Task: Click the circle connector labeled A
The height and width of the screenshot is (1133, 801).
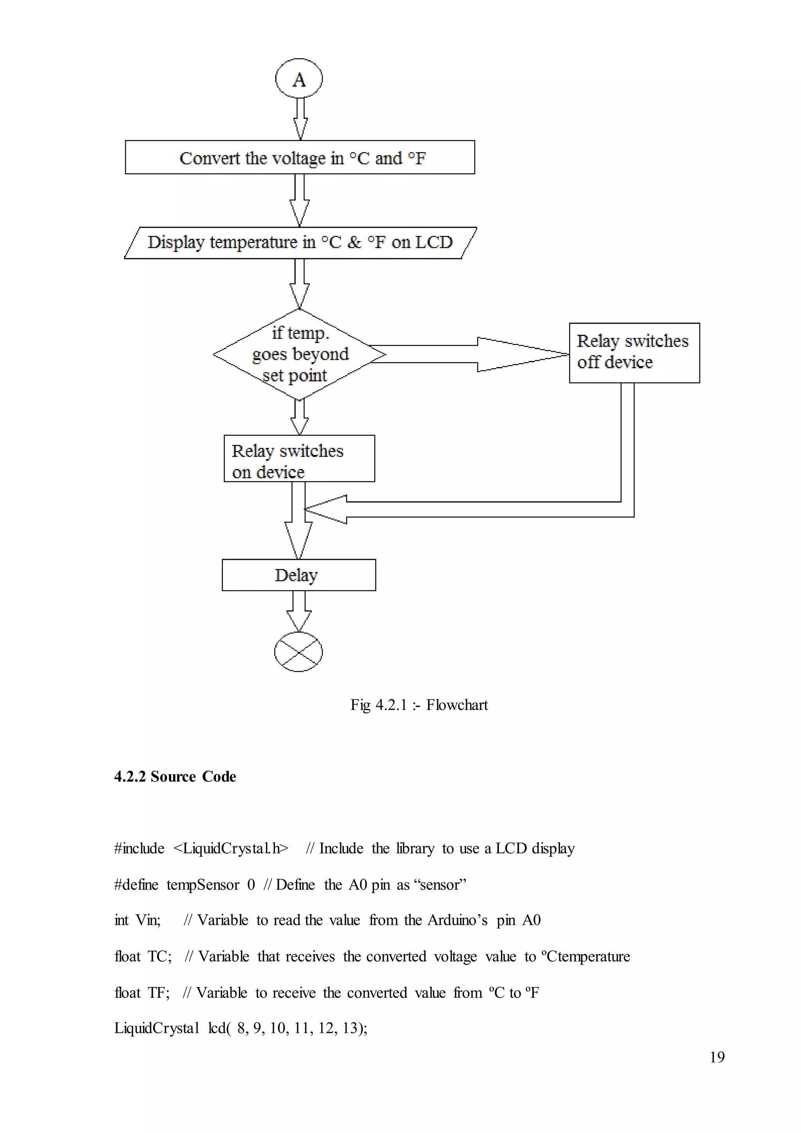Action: click(298, 79)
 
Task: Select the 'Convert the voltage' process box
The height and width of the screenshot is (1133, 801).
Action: click(300, 157)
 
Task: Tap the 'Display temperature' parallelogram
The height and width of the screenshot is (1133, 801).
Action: click(300, 242)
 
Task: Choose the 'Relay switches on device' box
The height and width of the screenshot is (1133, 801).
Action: click(299, 459)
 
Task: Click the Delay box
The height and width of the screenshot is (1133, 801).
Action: click(298, 575)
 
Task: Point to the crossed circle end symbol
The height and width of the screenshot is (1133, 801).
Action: click(298, 651)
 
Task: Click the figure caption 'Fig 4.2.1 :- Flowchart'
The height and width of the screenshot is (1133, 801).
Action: click(419, 705)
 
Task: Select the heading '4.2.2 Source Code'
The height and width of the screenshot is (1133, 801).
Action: click(175, 776)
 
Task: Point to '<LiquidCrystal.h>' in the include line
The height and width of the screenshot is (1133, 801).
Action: click(230, 848)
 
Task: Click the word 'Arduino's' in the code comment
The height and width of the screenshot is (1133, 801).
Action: click(457, 920)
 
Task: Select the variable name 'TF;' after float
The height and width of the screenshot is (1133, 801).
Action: click(158, 993)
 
